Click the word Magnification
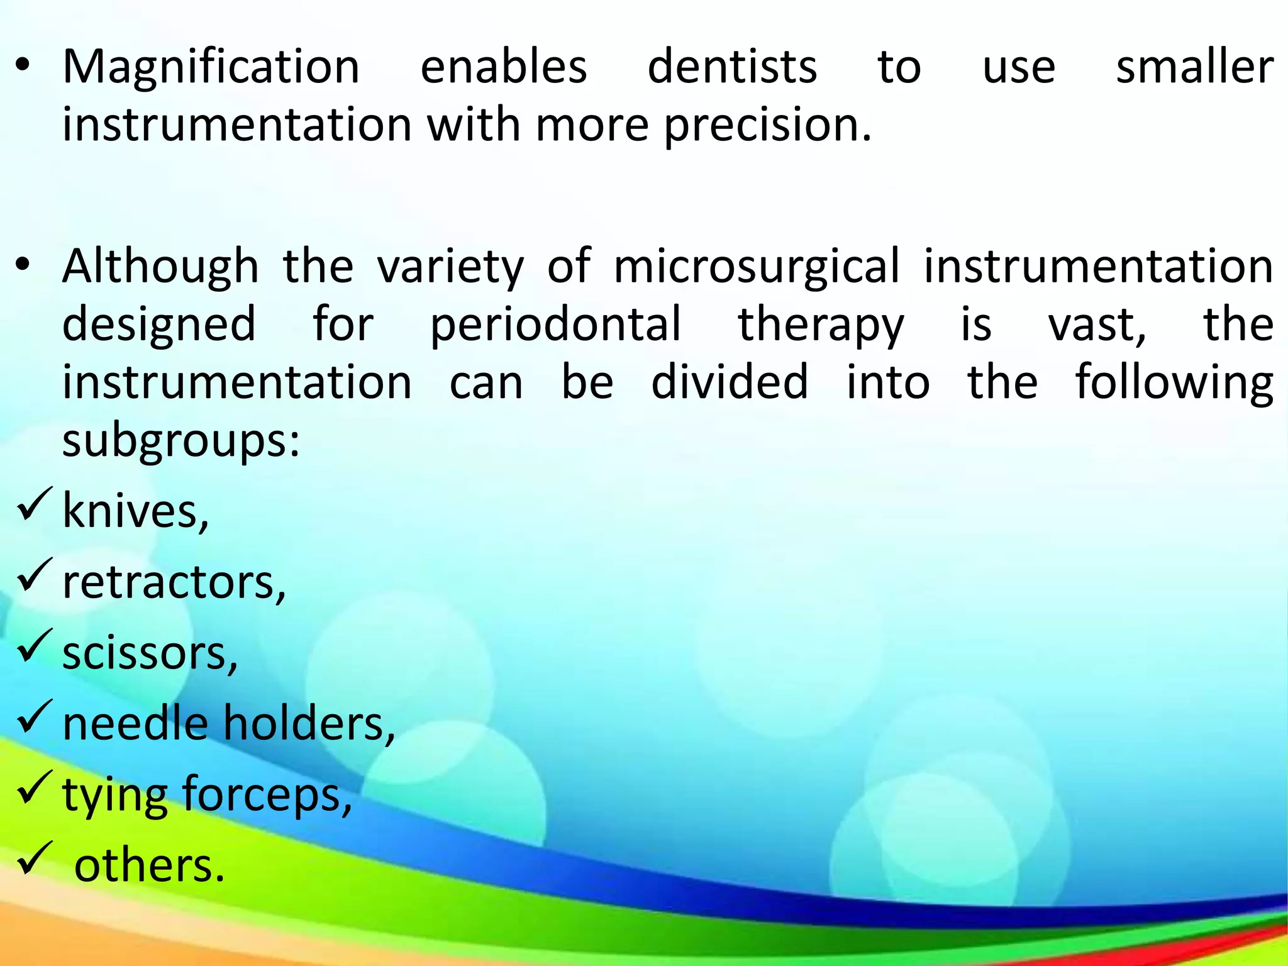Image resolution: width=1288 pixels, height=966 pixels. coord(211,67)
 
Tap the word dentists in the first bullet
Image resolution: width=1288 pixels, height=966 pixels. coord(732,67)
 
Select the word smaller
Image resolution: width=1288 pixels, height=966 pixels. coord(1194,67)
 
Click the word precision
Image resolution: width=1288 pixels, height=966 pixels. coord(767,125)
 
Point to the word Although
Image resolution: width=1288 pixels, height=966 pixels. coord(160,267)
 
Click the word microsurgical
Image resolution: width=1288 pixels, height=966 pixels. coord(756,267)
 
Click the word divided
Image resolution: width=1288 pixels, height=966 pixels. coord(730,382)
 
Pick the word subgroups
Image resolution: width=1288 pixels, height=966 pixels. coord(180,440)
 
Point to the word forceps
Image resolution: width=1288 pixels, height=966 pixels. coord(267,795)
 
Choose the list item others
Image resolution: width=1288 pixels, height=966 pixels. coord(149,866)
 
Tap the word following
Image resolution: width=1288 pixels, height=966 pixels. coord(1174,382)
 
